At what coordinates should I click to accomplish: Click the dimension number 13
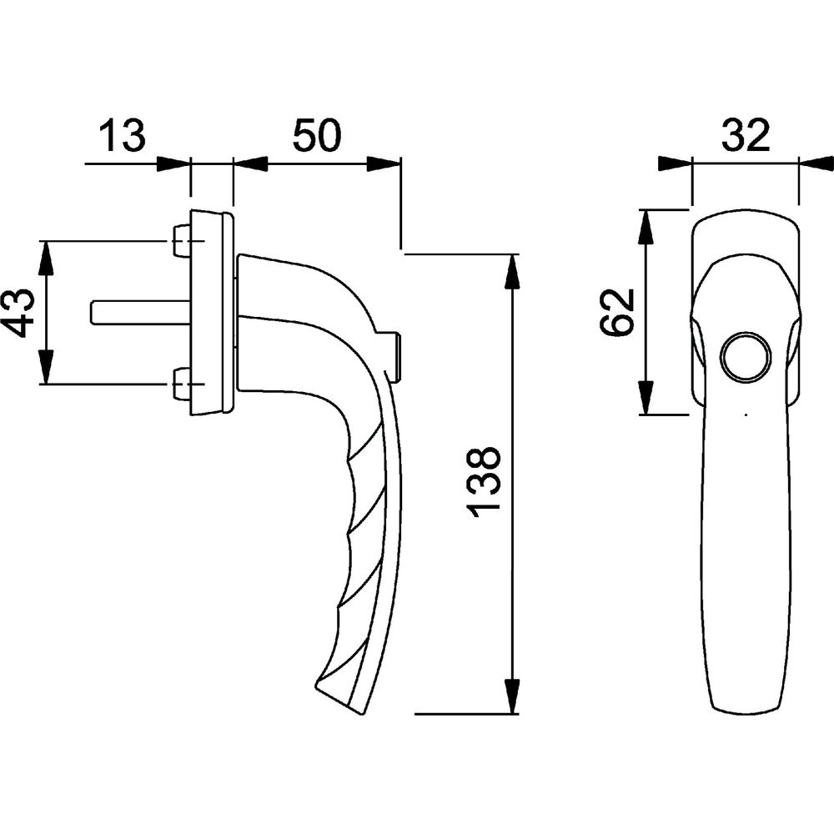123,135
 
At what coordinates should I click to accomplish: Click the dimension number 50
316,135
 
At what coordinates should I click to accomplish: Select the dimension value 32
745,135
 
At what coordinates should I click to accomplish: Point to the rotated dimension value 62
617,312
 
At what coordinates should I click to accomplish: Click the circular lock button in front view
745,357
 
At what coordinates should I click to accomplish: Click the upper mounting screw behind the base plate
181,241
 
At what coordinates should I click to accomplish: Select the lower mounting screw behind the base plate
181,384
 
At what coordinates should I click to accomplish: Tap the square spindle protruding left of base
140,311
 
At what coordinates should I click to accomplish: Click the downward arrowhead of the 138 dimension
512,696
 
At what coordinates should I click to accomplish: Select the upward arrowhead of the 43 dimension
46,258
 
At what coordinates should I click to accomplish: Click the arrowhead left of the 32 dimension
675,163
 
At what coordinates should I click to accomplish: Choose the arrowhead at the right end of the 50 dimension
383,163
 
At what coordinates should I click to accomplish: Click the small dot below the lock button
746,414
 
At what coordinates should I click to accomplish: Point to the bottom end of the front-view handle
746,713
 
